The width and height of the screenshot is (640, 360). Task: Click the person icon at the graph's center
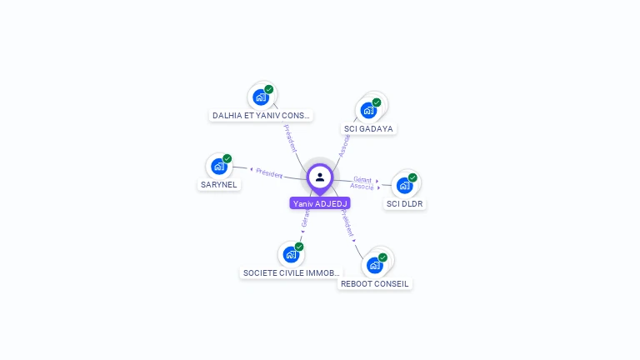[x=320, y=177]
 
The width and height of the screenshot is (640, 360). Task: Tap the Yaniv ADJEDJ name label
[x=320, y=203]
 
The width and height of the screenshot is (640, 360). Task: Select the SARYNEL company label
[x=219, y=185]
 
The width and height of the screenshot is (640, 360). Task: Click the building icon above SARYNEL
[x=218, y=166]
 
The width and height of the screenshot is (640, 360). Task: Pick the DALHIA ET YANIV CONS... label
[x=261, y=116]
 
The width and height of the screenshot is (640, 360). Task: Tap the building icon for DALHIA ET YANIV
[x=261, y=97]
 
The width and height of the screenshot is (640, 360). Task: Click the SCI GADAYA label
[x=368, y=129]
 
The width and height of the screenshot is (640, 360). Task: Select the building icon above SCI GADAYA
[x=367, y=110]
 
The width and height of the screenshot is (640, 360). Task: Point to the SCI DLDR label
[x=405, y=203]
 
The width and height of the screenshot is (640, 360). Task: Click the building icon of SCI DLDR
[x=404, y=185]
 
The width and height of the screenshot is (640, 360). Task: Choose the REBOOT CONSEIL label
[x=375, y=283]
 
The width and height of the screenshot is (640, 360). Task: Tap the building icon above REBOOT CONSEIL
[x=374, y=265]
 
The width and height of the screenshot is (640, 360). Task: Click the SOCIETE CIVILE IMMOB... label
[x=291, y=272]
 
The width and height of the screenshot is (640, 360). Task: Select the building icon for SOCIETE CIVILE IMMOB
[x=290, y=254]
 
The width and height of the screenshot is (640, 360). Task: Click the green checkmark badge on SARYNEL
[x=227, y=158]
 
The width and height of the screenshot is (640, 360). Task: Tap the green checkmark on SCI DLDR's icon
[x=412, y=177]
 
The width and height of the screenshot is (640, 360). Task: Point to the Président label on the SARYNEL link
[x=269, y=172]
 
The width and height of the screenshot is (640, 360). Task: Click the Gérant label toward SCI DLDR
[x=362, y=179]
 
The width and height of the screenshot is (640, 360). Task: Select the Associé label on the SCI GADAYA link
[x=345, y=145]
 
